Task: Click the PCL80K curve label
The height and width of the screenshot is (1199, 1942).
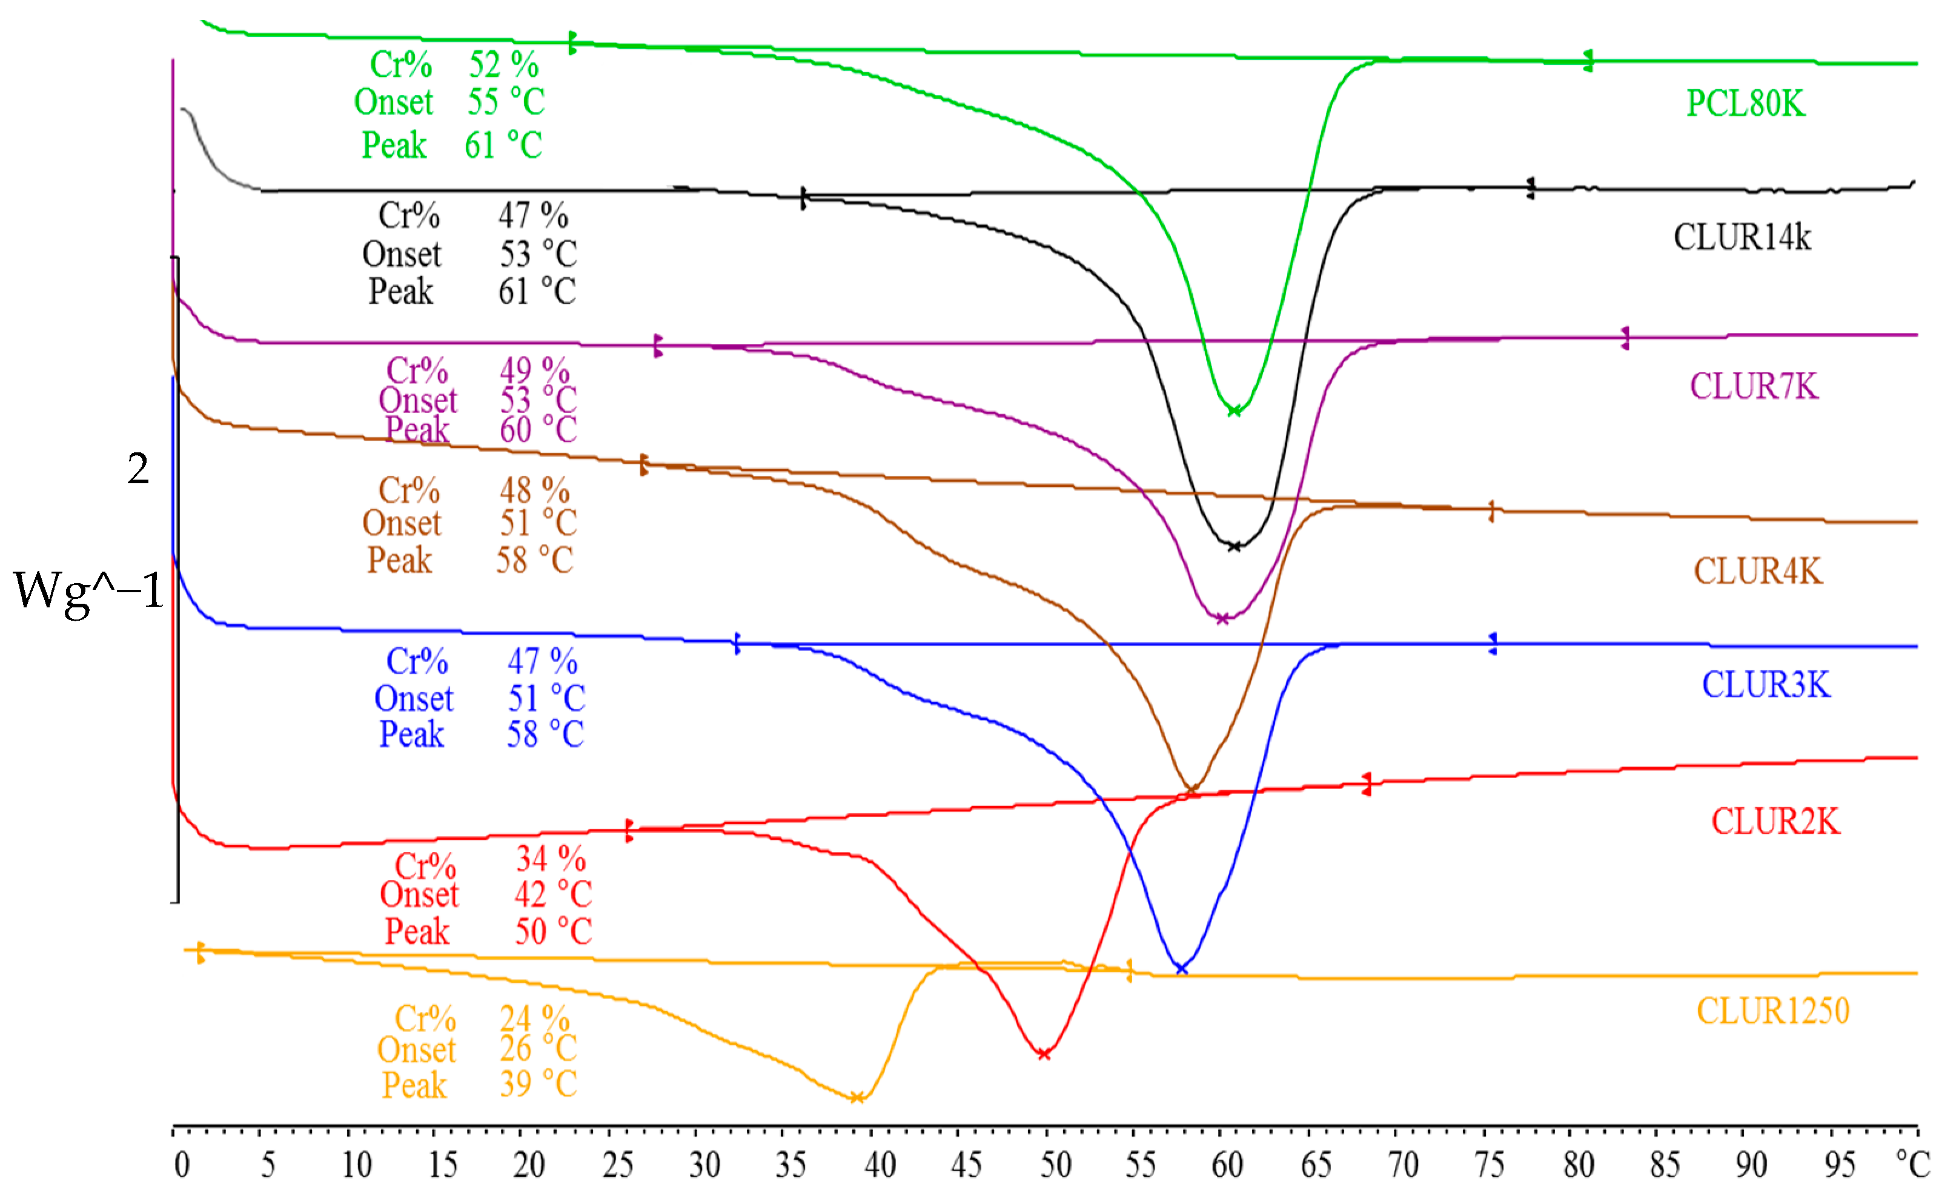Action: click(1745, 103)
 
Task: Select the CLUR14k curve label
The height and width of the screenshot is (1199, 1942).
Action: click(1742, 237)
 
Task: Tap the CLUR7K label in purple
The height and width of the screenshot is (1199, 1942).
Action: click(1753, 386)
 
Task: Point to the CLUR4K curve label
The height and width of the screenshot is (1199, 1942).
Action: click(1758, 571)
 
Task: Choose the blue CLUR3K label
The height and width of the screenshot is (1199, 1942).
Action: click(1766, 684)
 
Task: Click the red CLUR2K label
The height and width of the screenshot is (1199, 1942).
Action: click(1775, 822)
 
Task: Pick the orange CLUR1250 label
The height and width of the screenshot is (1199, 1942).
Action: click(1772, 1011)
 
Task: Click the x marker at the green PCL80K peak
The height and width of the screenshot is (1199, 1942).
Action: click(1234, 411)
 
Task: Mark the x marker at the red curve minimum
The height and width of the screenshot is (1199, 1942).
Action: click(1044, 1054)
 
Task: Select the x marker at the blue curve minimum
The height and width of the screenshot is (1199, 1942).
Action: click(1181, 969)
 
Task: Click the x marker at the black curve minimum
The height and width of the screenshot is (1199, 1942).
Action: click(1234, 546)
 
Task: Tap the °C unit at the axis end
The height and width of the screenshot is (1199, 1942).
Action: click(1913, 1164)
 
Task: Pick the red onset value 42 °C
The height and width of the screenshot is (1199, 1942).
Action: click(552, 894)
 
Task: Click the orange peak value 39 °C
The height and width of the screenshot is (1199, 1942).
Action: click(538, 1084)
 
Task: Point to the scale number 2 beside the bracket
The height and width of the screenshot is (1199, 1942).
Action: click(138, 469)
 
